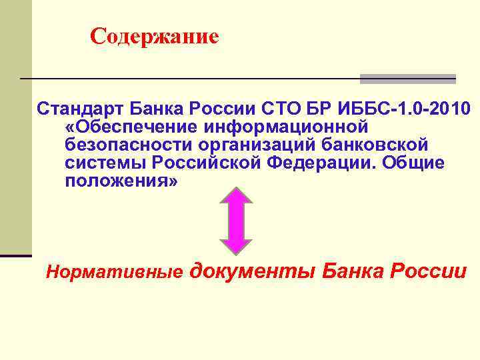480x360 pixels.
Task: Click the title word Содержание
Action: coord(154,35)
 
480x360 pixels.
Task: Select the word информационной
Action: coord(279,126)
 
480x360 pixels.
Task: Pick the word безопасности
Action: coord(127,145)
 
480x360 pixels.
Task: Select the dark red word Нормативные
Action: coord(113,272)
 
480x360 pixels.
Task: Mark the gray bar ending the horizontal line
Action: coord(407,79)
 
